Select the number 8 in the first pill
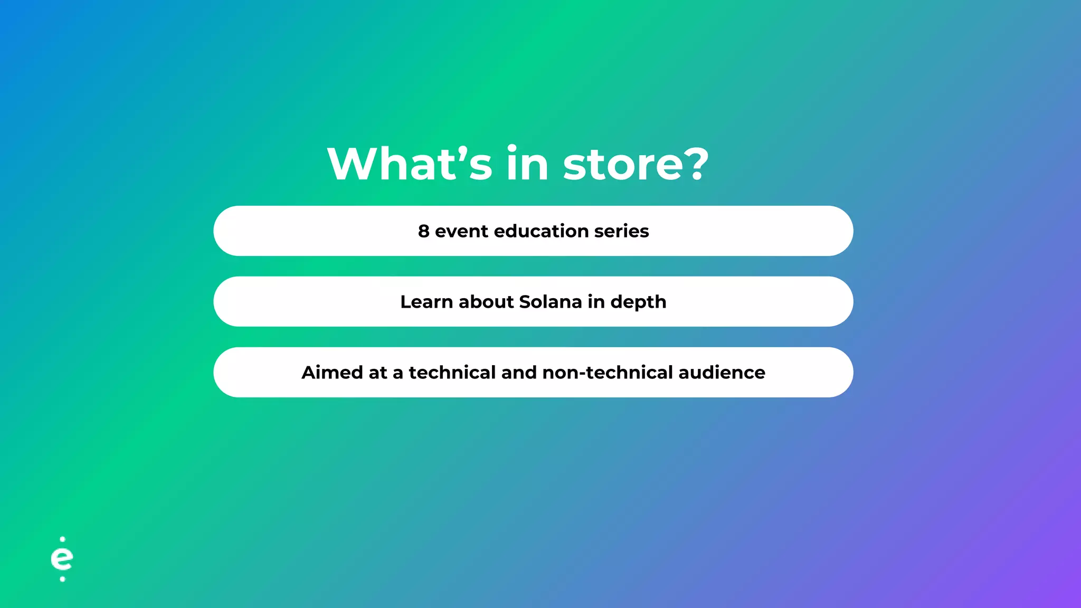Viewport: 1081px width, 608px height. point(423,231)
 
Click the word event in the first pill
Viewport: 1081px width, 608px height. point(461,231)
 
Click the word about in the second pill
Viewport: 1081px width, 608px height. point(486,302)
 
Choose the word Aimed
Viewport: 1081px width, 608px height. point(333,373)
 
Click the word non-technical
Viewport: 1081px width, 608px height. point(608,373)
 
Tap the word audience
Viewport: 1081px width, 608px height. point(722,373)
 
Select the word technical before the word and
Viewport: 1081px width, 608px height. point(452,373)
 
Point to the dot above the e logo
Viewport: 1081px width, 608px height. point(63,539)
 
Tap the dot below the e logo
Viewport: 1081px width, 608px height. point(62,579)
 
